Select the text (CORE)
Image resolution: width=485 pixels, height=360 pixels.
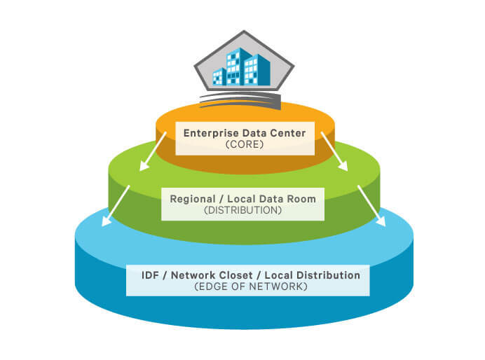(245, 144)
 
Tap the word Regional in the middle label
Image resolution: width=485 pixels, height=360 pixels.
(193, 200)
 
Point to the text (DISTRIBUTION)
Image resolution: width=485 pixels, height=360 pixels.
(242, 210)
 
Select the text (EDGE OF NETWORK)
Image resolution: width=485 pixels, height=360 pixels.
(251, 286)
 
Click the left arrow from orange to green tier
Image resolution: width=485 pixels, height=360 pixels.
(153, 151)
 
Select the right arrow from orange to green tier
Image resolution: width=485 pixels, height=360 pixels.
(334, 151)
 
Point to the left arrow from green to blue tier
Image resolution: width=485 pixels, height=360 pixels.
(116, 206)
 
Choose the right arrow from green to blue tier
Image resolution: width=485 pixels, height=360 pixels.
(371, 206)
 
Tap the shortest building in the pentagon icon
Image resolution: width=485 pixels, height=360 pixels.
(219, 76)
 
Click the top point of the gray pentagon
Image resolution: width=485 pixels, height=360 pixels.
(244, 31)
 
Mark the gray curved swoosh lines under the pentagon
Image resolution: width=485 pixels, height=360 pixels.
(240, 101)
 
